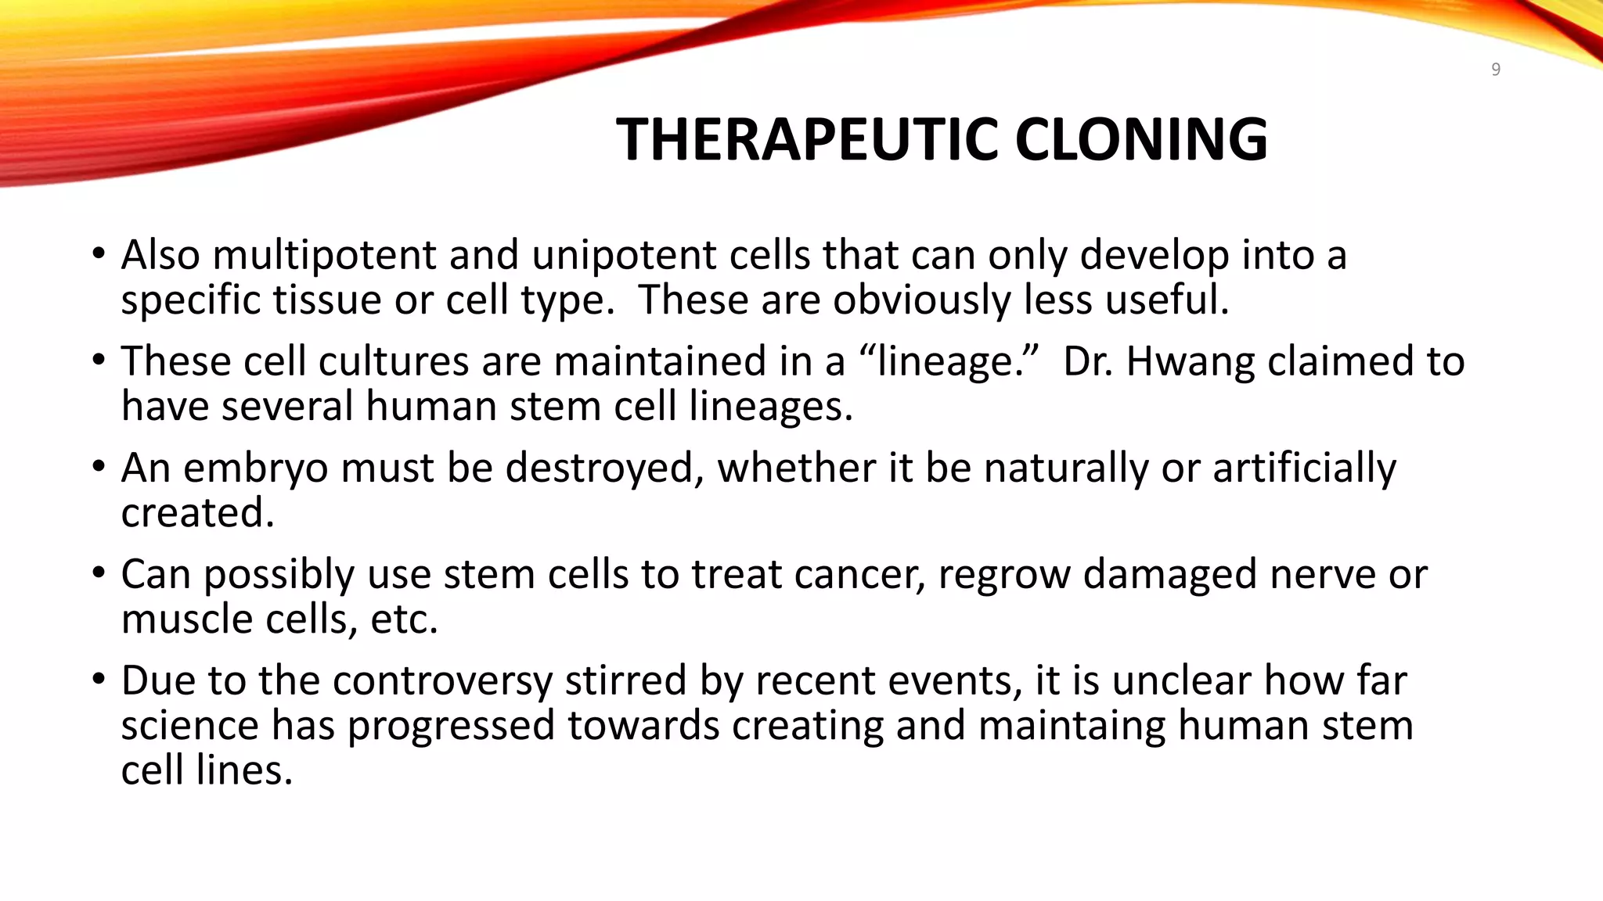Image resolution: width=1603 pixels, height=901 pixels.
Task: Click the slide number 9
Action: click(x=1496, y=70)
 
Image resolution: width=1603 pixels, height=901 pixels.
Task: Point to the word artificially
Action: click(x=1304, y=468)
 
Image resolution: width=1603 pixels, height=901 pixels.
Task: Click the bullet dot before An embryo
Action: click(x=98, y=466)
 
